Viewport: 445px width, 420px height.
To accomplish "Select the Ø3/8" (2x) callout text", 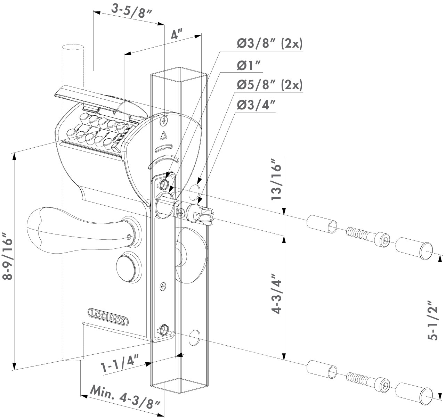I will tap(270, 44).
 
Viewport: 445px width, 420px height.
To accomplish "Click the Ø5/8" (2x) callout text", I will tap(270, 85).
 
